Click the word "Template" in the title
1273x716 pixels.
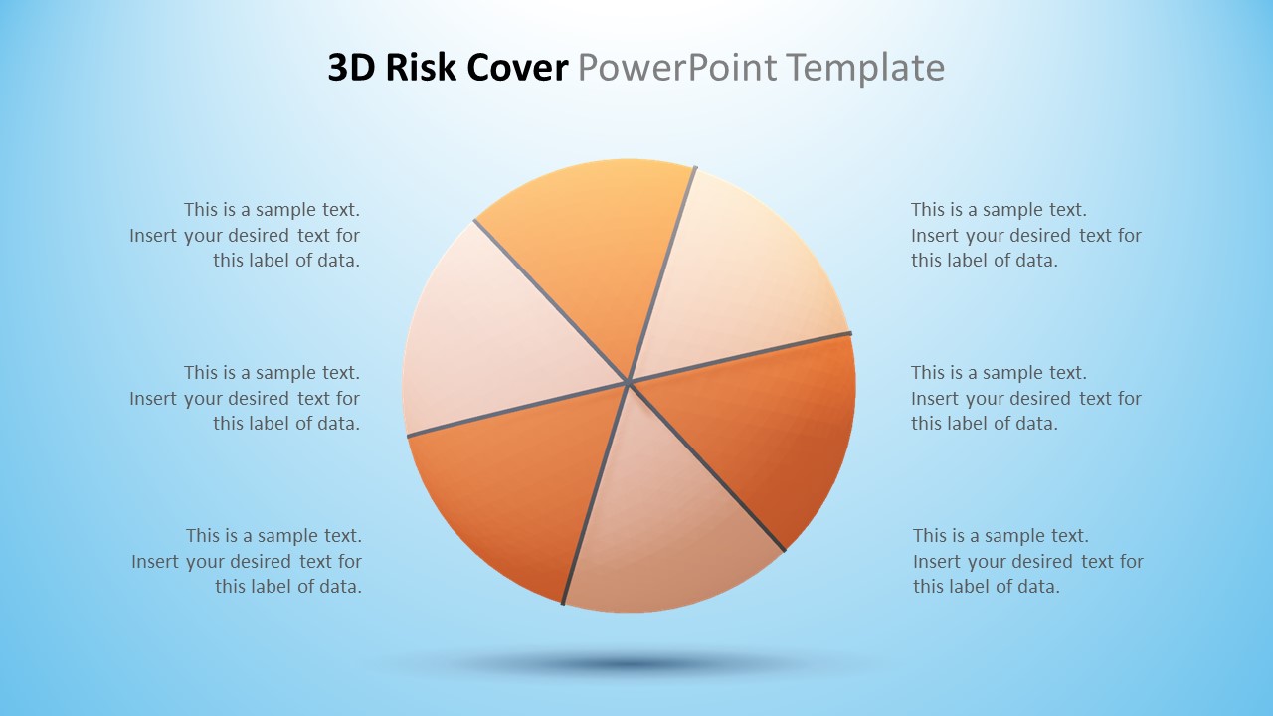pyautogui.click(x=864, y=68)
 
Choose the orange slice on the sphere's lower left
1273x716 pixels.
pyautogui.click(x=507, y=487)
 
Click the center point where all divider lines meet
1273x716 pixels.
pyautogui.click(x=629, y=381)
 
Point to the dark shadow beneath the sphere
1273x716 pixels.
pyautogui.click(x=627, y=663)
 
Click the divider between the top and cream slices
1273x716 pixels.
pyautogui.click(x=664, y=268)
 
